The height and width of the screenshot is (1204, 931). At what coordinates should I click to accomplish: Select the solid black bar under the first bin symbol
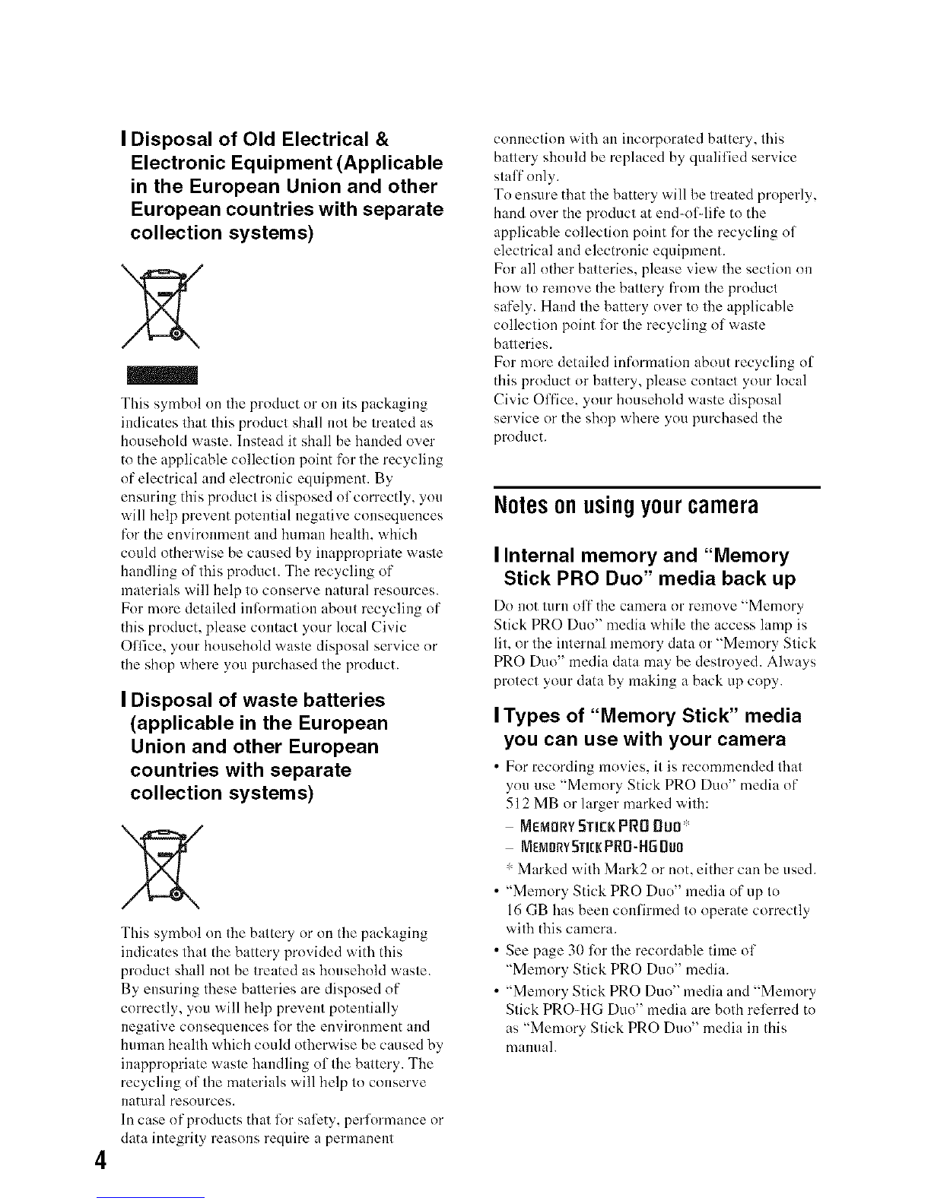point(161,375)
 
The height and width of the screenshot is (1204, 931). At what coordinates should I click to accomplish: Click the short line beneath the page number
point(160,1198)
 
